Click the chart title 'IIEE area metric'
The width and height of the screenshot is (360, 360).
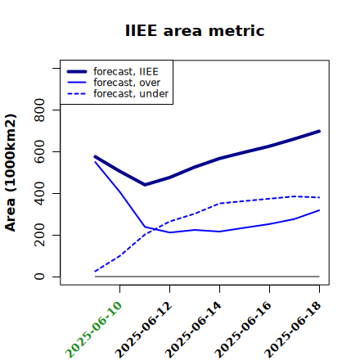tap(195, 30)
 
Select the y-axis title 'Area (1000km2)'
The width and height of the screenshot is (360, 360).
tap(11, 173)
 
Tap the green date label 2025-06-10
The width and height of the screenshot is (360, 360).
tap(93, 330)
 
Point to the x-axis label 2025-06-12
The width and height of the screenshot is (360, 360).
tap(143, 330)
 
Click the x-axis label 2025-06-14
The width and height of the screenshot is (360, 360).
tap(193, 330)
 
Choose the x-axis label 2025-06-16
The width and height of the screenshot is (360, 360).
tap(243, 330)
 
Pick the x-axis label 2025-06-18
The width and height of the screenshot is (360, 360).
tap(293, 330)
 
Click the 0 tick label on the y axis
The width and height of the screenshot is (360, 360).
tap(39, 277)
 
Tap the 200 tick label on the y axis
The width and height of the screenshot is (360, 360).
tap(39, 235)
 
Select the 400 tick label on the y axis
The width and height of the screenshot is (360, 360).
tap(39, 193)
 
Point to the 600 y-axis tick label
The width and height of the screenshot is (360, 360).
tap(39, 151)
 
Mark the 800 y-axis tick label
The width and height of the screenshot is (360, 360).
tap(39, 110)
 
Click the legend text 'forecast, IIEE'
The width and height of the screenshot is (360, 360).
tap(126, 72)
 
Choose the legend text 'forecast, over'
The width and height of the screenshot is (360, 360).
tap(127, 83)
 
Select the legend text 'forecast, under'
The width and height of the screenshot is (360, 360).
tap(131, 93)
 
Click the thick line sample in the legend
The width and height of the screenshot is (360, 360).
tap(77, 71)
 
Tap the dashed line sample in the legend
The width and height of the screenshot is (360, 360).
tap(77, 94)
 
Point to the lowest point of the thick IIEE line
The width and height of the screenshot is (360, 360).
tap(145, 185)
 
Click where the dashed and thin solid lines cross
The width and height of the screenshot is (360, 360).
tap(155, 229)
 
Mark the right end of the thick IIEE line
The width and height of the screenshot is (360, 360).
tap(319, 131)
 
